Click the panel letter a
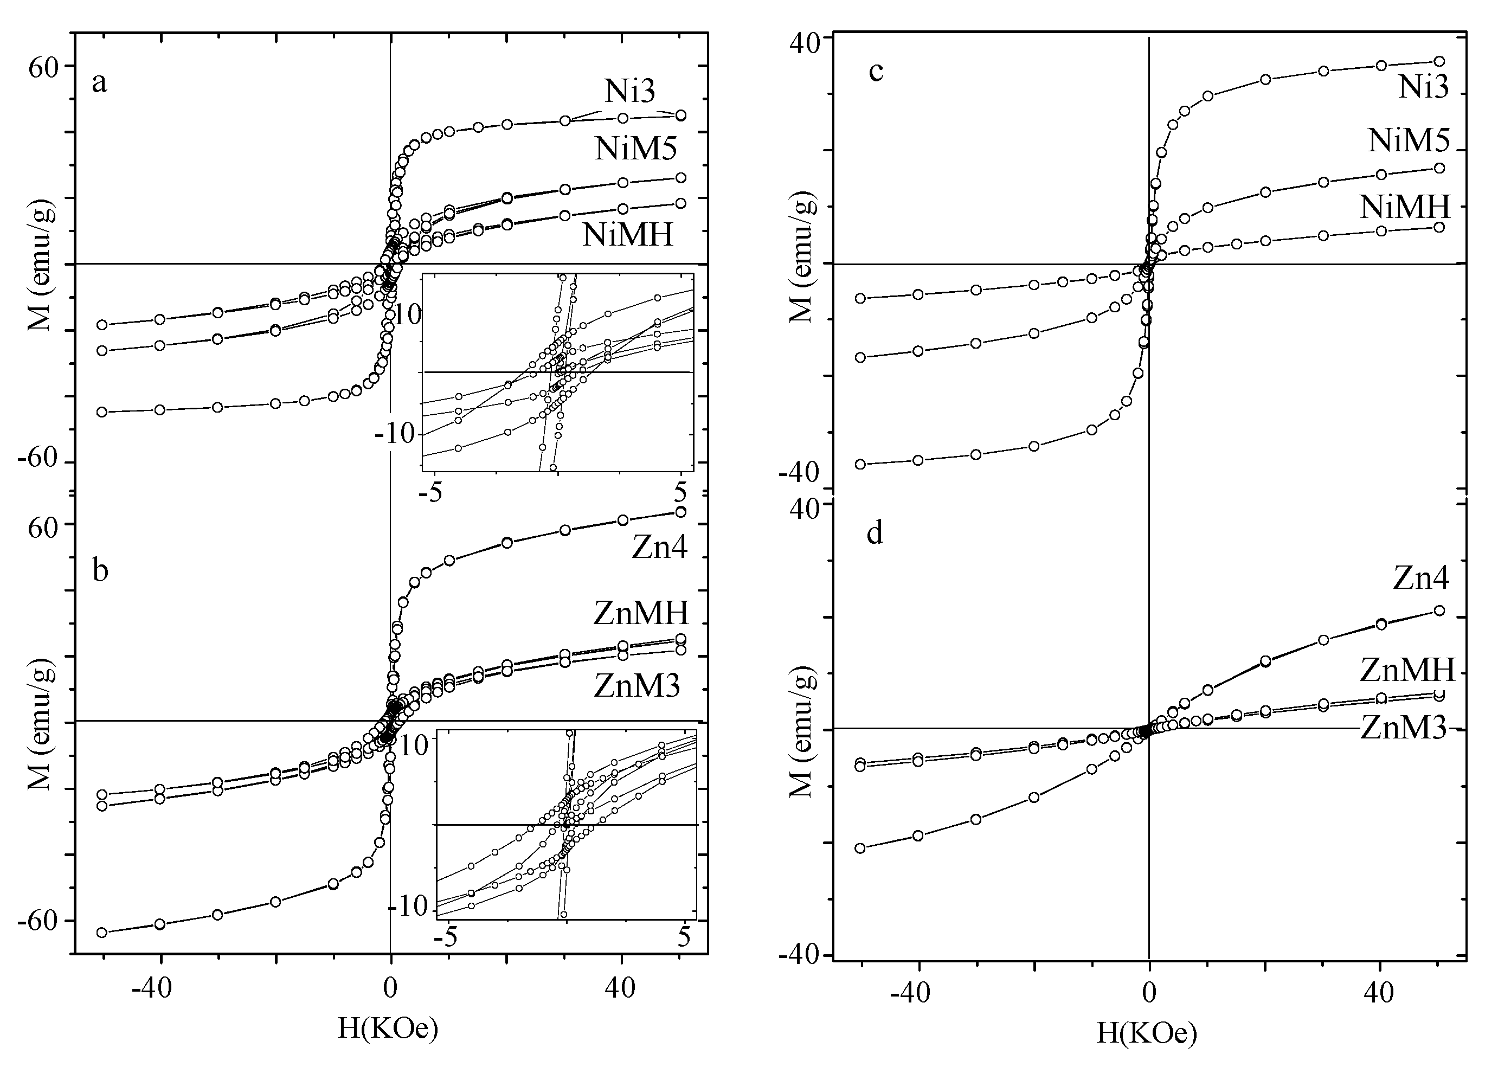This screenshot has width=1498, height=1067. click(99, 83)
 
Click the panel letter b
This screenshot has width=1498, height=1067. click(100, 570)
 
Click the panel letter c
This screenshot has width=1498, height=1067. click(875, 71)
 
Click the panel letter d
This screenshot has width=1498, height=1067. click(875, 533)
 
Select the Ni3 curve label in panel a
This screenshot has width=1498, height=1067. click(629, 91)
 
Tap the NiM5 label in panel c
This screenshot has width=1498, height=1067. click(1408, 139)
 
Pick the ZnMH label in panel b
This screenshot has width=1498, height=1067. click(641, 613)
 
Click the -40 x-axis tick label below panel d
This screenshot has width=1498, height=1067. click(910, 993)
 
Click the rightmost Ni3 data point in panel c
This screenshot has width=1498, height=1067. click(1438, 61)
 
